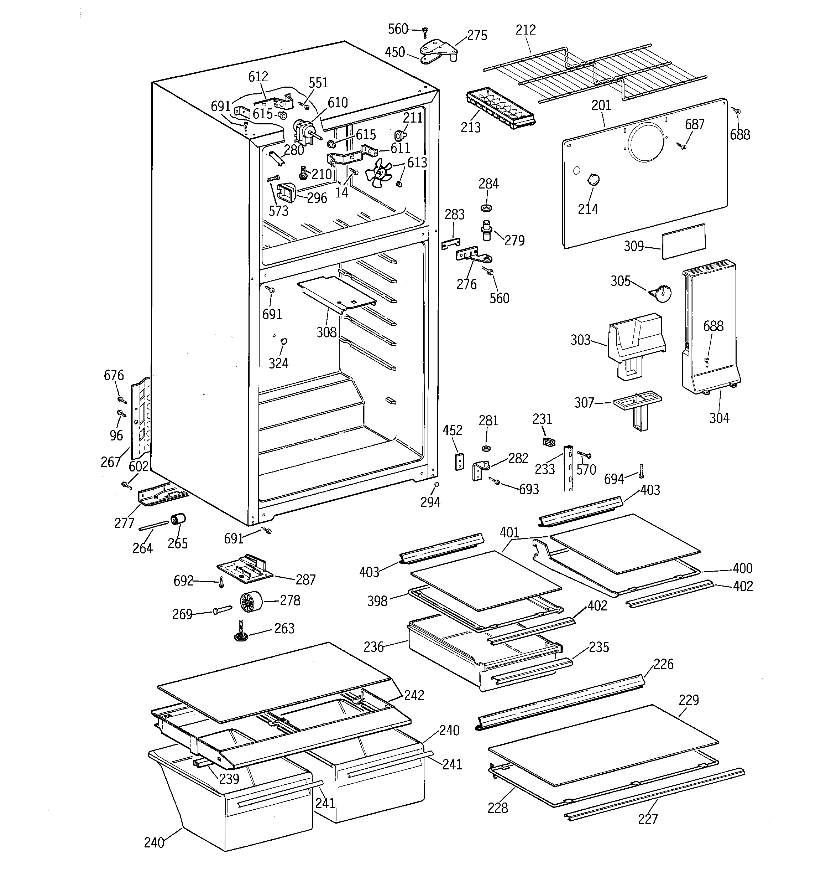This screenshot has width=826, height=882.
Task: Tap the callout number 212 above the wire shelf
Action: point(526,30)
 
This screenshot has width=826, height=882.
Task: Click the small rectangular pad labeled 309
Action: point(683,241)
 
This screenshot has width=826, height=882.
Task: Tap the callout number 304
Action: point(719,418)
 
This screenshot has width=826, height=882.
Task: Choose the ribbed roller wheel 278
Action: point(251,602)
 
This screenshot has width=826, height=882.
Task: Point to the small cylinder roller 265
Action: point(178,519)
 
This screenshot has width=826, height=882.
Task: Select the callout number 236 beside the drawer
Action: point(373,647)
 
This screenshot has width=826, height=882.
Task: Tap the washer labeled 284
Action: point(487,208)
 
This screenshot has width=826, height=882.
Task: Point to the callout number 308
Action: point(326,332)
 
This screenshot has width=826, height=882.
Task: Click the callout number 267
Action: point(110,462)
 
